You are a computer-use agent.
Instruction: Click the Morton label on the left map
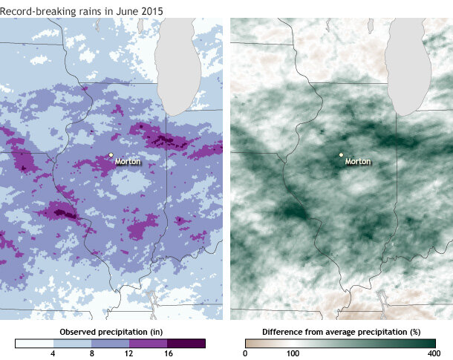pos(128,161)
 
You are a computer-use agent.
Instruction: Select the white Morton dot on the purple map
pos(111,155)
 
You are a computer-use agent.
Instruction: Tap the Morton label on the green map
pos(358,161)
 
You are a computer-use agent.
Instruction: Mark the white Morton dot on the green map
pos(341,155)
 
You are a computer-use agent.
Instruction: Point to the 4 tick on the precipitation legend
pos(53,353)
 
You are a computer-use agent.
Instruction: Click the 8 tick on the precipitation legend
pos(91,353)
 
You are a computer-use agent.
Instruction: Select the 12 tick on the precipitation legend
pos(129,353)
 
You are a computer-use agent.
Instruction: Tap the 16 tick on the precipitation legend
pos(167,353)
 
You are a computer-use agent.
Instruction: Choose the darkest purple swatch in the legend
pos(186,343)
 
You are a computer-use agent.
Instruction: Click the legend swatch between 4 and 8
pos(72,343)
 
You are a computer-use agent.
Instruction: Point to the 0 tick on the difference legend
pos(245,353)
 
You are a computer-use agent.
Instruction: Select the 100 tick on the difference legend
pos(293,353)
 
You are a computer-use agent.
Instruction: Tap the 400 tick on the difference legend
pos(435,353)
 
